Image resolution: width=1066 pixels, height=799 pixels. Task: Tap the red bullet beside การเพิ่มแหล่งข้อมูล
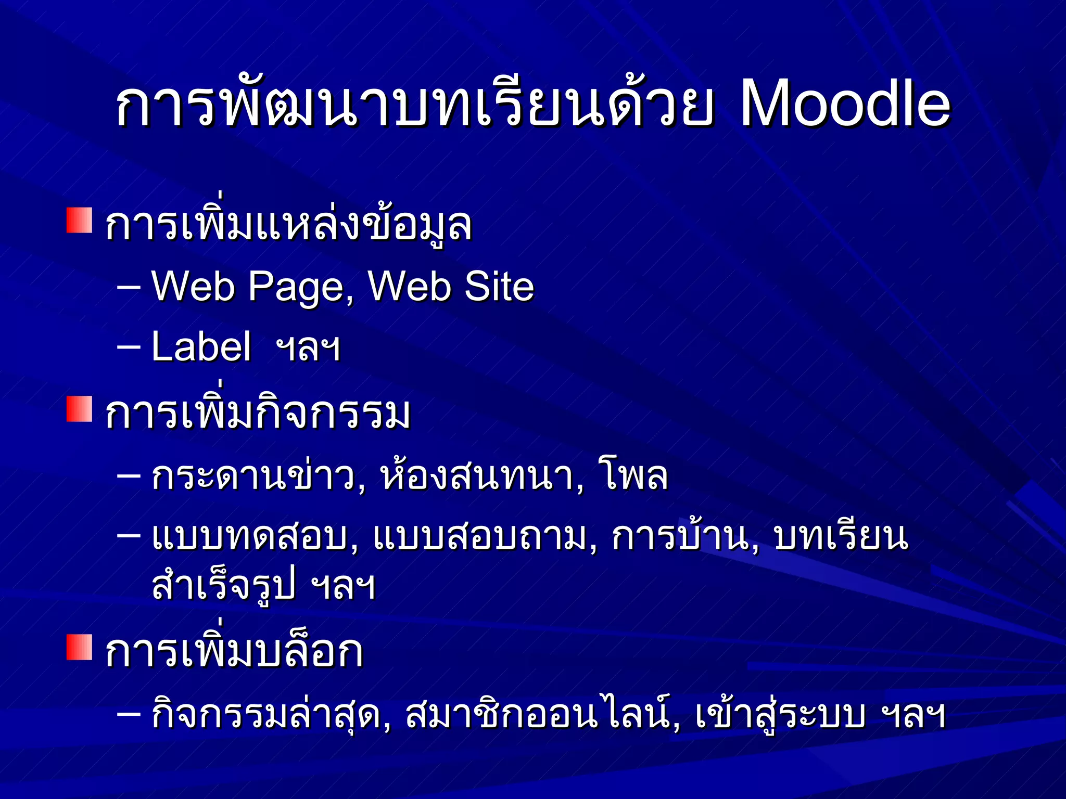point(79,221)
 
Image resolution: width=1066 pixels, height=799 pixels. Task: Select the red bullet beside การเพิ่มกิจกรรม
point(79,409)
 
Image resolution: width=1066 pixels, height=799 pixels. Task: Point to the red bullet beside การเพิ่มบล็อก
point(79,647)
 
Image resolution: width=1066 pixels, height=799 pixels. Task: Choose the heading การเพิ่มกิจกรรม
point(258,414)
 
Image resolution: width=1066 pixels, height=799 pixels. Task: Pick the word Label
point(201,347)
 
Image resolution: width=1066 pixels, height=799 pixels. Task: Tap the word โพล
point(636,476)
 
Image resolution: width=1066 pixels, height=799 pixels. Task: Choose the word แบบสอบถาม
point(485,538)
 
